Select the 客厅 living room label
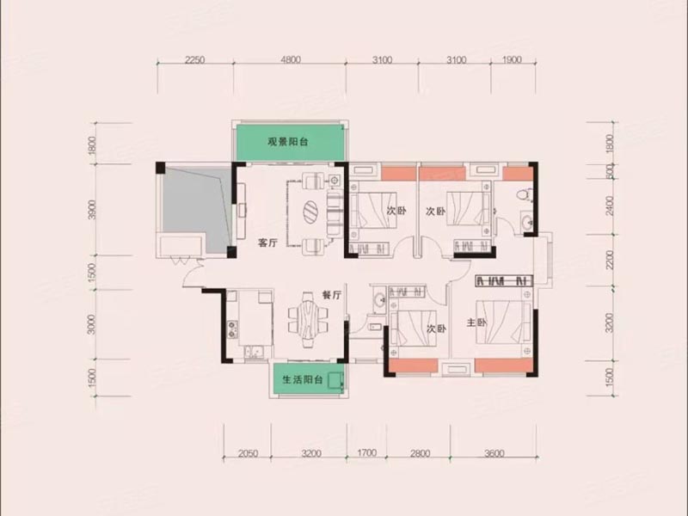click(268, 243)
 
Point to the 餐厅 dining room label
click(332, 294)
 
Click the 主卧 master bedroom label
click(476, 323)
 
